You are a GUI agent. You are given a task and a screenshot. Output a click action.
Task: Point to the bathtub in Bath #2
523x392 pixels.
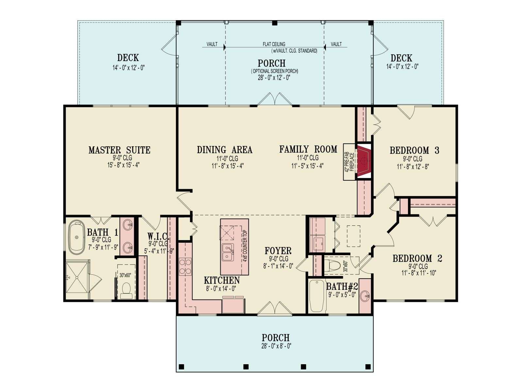coord(317,296)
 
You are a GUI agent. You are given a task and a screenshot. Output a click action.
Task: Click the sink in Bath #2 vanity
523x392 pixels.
coord(365,296)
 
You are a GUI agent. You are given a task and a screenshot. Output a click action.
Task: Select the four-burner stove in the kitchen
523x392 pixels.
coord(185,267)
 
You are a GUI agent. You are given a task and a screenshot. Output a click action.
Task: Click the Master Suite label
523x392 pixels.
coord(119,150)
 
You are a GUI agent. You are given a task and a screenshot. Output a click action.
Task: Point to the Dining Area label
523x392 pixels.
coord(225,150)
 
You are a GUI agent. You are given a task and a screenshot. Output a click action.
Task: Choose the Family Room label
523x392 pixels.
coord(308,150)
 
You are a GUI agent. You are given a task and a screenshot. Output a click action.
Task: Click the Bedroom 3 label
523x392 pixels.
coord(414,151)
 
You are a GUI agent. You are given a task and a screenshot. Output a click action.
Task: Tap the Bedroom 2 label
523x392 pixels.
coord(417,258)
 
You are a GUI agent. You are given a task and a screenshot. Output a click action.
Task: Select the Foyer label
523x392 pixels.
coord(278,251)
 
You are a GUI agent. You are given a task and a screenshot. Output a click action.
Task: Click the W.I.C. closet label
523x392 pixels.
coord(158,237)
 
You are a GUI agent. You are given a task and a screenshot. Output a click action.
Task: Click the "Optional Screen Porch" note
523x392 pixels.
coord(275,71)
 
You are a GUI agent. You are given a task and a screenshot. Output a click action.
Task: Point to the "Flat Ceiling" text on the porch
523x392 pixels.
coord(274,44)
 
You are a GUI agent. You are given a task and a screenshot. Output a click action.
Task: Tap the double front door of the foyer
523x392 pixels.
coord(275,309)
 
